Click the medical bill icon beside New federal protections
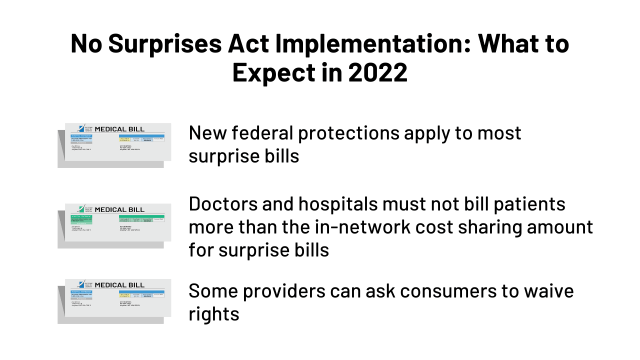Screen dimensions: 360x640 click(117, 144)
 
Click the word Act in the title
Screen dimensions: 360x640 click(266, 45)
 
